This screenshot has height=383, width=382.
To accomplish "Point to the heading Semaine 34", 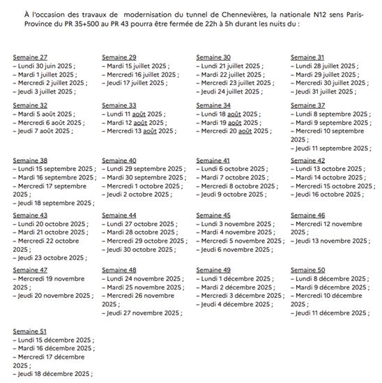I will click(214, 105).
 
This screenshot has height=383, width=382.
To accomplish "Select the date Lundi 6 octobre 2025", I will click(234, 169).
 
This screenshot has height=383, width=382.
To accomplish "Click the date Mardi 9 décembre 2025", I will click(331, 287).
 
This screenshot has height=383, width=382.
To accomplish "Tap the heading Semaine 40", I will click(119, 160).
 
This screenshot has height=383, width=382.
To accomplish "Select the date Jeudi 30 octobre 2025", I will click(139, 249).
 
